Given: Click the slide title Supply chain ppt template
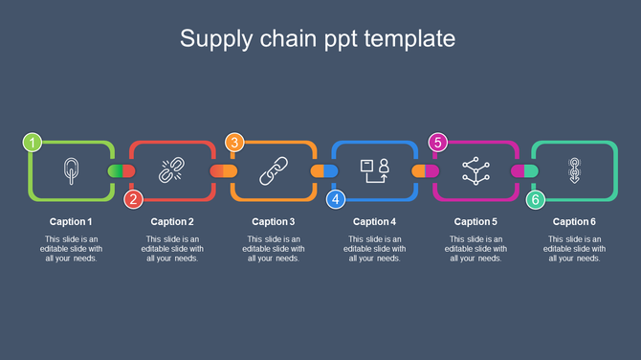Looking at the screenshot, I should click(x=318, y=38).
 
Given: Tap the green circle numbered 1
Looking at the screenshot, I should click(x=33, y=143).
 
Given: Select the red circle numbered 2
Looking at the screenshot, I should click(x=134, y=199).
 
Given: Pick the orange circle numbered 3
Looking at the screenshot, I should click(x=234, y=143).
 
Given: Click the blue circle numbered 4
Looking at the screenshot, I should click(x=336, y=199).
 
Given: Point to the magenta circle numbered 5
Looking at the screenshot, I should click(x=437, y=143).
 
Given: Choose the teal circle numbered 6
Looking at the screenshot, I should click(x=536, y=199).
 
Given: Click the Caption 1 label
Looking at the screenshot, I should click(x=71, y=222).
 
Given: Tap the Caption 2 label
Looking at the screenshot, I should click(x=172, y=222).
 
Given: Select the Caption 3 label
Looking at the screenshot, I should click(x=274, y=222).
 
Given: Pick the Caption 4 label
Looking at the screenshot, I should click(x=375, y=222).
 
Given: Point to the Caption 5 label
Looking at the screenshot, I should click(x=475, y=222).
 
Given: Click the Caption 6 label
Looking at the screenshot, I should click(x=574, y=222).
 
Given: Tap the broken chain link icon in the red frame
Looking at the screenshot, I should click(x=171, y=170).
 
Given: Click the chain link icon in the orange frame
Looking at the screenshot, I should click(x=274, y=170).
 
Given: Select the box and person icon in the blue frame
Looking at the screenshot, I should click(x=374, y=170).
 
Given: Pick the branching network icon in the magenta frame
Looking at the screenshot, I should click(x=475, y=170).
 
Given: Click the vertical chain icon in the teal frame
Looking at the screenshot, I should click(x=574, y=170).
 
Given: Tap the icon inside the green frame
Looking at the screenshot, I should click(x=71, y=170).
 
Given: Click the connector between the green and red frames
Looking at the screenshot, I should click(x=122, y=170).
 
